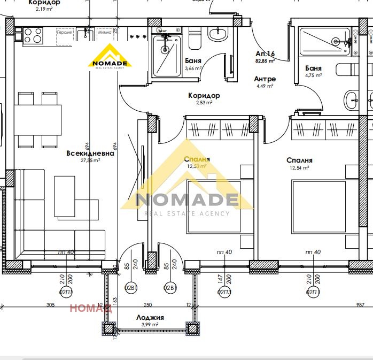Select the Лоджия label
[x=150, y=317]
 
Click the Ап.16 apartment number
[x=265, y=54]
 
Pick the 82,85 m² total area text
[x=265, y=62]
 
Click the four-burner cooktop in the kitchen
[x=33, y=35]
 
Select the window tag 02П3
[x=224, y=292]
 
